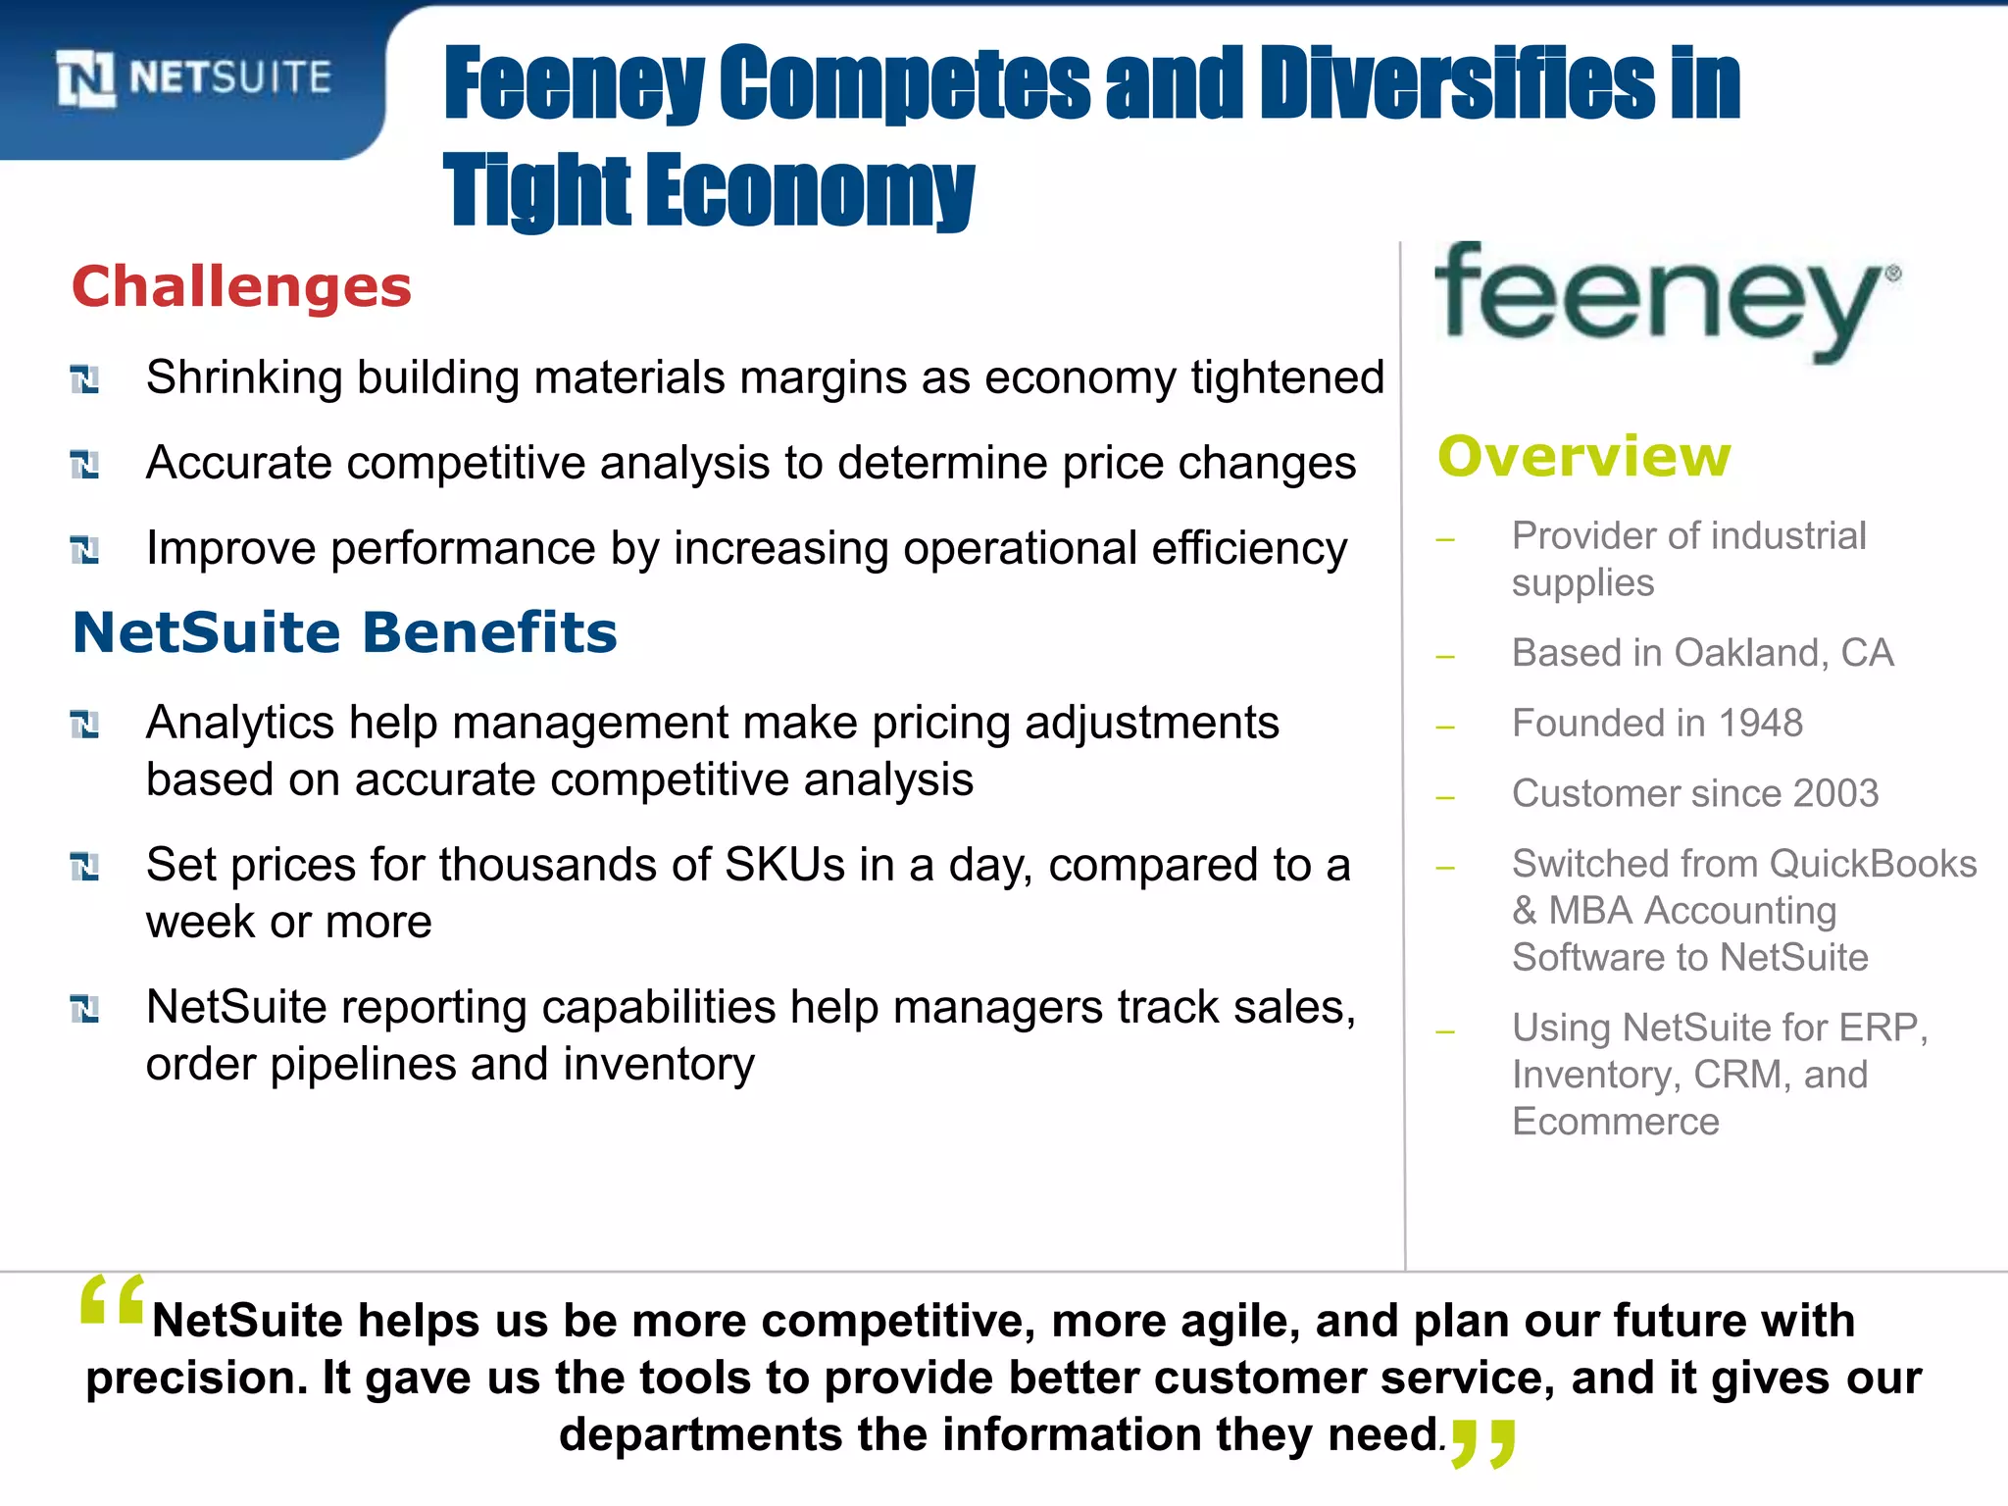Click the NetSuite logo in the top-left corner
click(193, 77)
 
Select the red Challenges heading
click(241, 286)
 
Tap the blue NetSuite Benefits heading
click(345, 632)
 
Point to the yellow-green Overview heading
click(1584, 456)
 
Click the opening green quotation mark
click(112, 1300)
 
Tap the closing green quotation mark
click(1483, 1442)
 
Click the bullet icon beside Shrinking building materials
click(85, 378)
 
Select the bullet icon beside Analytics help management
click(85, 725)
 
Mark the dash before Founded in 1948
click(1444, 728)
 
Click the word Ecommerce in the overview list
click(1615, 1122)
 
